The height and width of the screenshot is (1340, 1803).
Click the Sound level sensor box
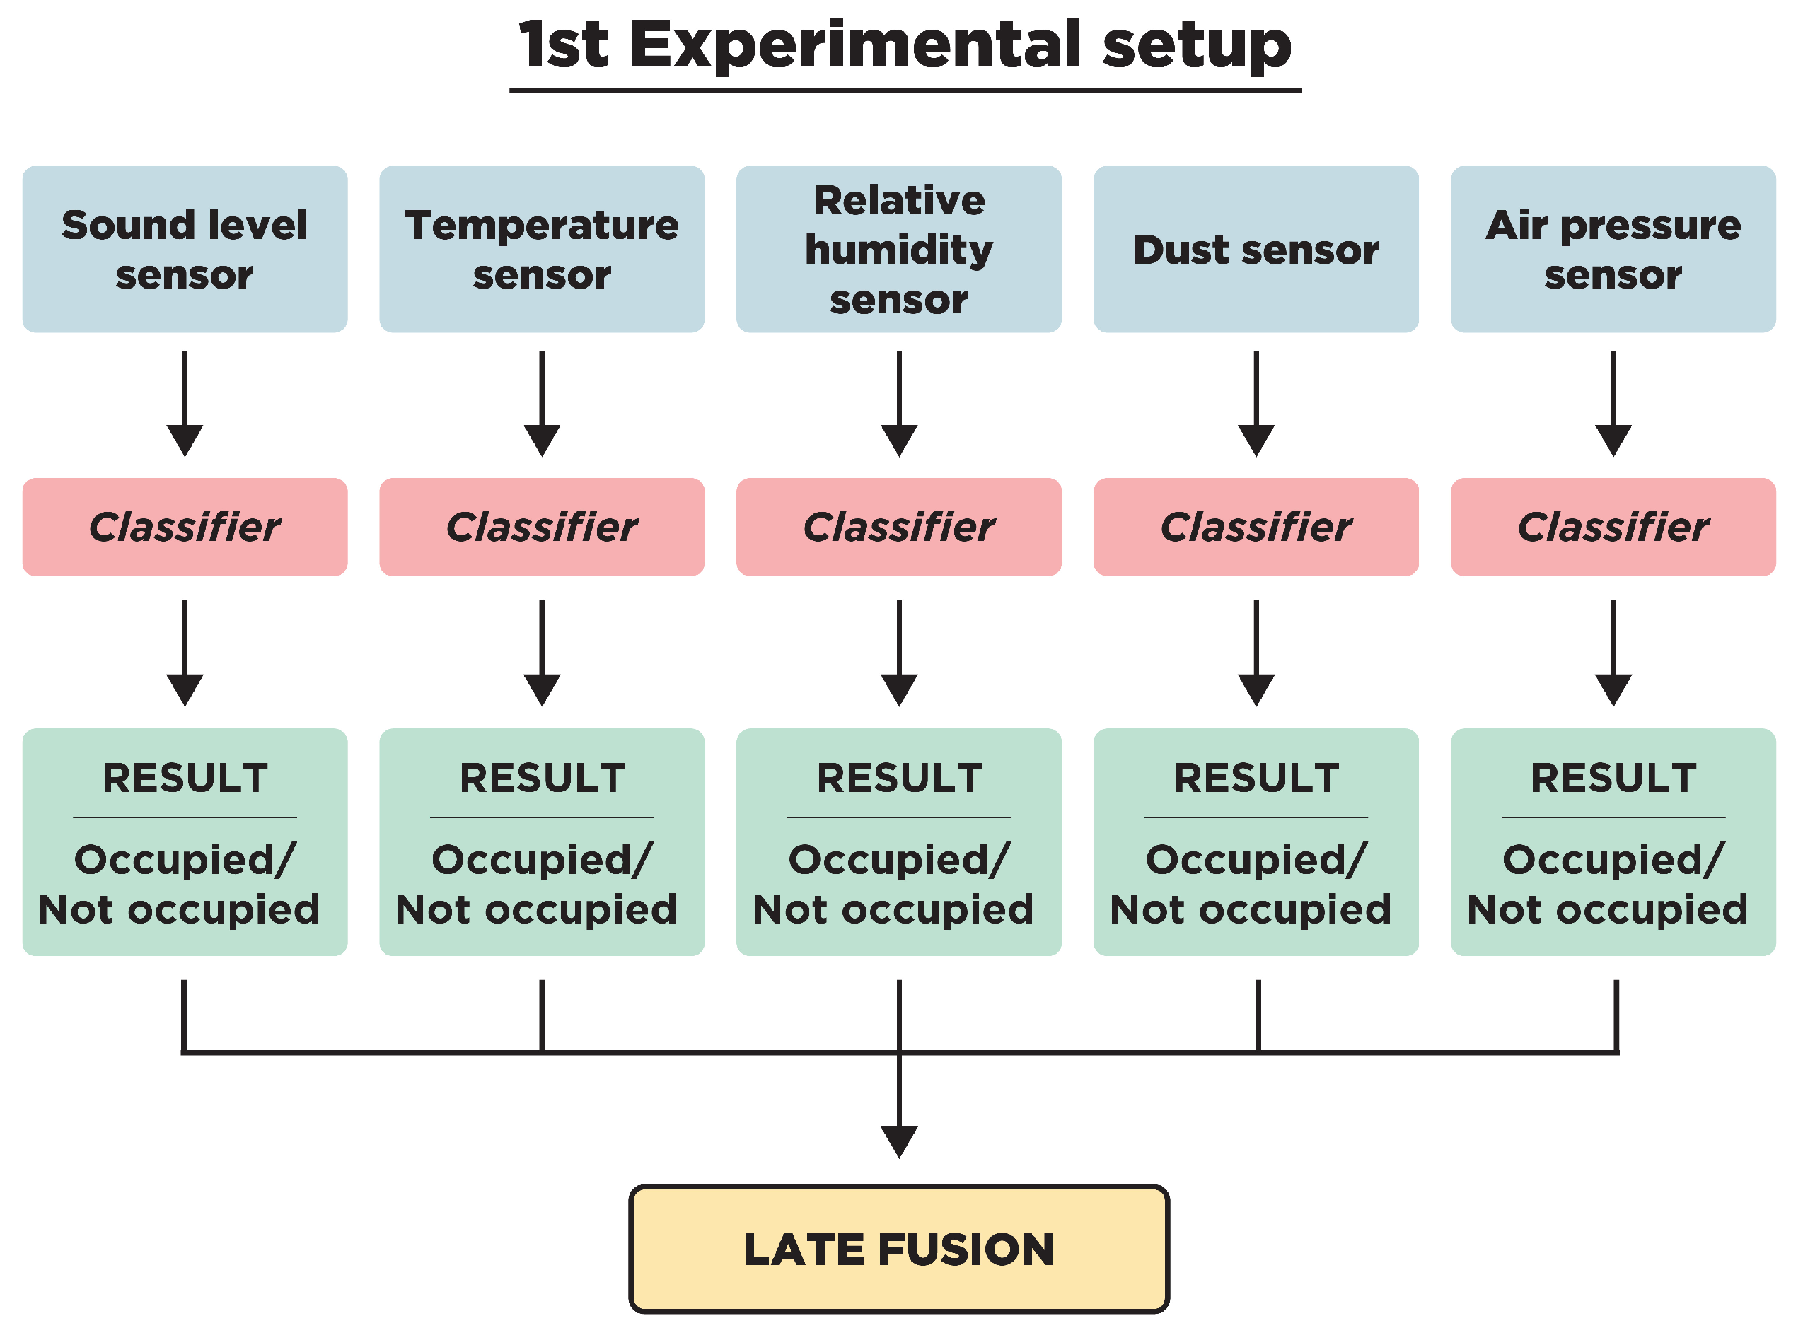pyautogui.click(x=185, y=249)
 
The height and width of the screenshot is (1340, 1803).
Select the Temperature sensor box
pyautogui.click(x=542, y=249)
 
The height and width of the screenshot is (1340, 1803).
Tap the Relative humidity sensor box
pyautogui.click(x=899, y=249)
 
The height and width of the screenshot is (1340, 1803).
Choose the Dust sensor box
pyautogui.click(x=1256, y=249)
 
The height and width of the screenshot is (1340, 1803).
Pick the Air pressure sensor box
pyautogui.click(x=1613, y=249)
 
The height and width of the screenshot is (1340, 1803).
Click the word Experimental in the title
pyautogui.click(x=855, y=45)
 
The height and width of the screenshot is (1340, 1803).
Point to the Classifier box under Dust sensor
pyautogui.click(x=1256, y=528)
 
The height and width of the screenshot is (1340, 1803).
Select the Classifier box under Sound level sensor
pyautogui.click(x=185, y=528)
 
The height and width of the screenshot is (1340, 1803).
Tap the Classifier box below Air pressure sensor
pyautogui.click(x=1613, y=528)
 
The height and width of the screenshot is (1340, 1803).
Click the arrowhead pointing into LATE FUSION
pyautogui.click(x=899, y=1141)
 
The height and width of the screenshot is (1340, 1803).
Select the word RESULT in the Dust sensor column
pyautogui.click(x=1256, y=779)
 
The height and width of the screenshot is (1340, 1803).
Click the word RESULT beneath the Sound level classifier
pyautogui.click(x=185, y=779)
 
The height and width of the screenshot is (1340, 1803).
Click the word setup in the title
pyautogui.click(x=1196, y=45)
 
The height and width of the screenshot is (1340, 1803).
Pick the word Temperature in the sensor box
pyautogui.click(x=542, y=225)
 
